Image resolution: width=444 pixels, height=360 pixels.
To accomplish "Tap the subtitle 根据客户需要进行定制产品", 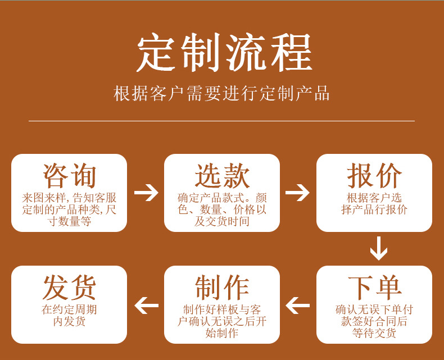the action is (x=221, y=93).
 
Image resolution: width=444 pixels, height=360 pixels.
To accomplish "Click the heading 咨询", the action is (x=69, y=176).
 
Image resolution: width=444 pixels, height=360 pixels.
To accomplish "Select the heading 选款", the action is (x=222, y=176).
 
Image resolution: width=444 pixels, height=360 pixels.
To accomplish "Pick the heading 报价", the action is (x=374, y=176).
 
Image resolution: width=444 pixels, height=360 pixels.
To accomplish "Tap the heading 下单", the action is (x=374, y=288).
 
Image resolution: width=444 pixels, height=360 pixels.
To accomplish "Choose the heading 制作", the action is (x=222, y=288).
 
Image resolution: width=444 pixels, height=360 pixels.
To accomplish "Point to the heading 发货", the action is (x=69, y=288).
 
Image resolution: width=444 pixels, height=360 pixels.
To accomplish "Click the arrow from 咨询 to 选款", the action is (x=146, y=193).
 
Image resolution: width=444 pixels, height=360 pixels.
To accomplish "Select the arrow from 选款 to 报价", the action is (x=298, y=193).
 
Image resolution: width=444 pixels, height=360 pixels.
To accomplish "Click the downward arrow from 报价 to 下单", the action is (x=378, y=248).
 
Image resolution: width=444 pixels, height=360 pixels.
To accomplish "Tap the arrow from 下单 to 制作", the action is (x=298, y=306).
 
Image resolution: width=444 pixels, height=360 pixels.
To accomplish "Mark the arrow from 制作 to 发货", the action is (x=146, y=306).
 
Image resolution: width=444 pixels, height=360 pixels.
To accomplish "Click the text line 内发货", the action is (x=69, y=322).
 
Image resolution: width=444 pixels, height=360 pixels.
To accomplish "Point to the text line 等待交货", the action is (x=374, y=333).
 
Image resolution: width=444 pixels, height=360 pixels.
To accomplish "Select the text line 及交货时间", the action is (x=222, y=221).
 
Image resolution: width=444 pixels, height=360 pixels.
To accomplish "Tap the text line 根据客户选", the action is (x=374, y=198).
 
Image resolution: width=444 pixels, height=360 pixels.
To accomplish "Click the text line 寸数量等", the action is (x=69, y=221).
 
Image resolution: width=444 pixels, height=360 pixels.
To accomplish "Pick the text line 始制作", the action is (x=222, y=333).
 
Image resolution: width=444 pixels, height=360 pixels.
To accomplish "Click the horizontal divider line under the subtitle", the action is (x=221, y=121).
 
